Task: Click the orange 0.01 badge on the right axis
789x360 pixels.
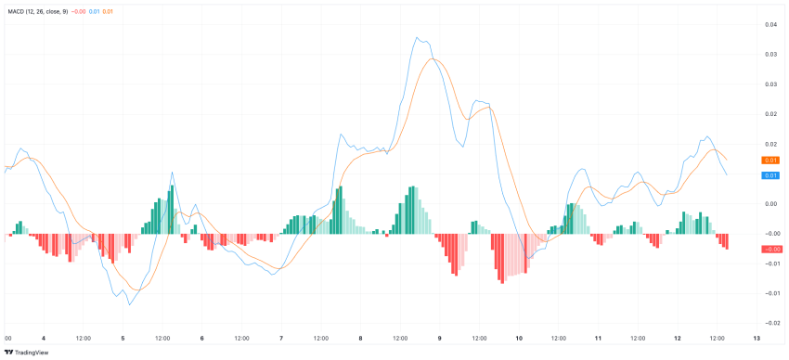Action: [x=770, y=161]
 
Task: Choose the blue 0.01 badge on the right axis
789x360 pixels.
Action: [x=770, y=174]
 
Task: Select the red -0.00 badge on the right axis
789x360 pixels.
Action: [x=770, y=249]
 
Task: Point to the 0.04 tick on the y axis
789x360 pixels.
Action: [x=771, y=24]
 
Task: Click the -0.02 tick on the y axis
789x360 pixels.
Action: [x=770, y=322]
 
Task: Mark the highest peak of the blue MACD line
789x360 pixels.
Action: [x=418, y=38]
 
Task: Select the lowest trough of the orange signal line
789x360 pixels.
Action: [x=137, y=290]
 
